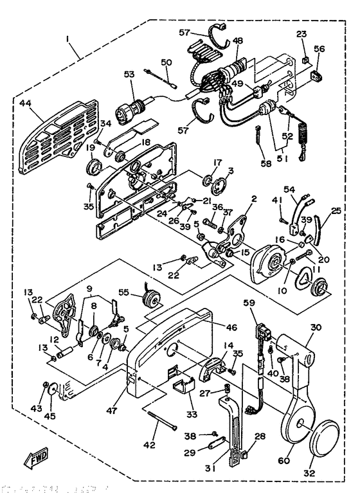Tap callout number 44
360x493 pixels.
coord(25,103)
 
